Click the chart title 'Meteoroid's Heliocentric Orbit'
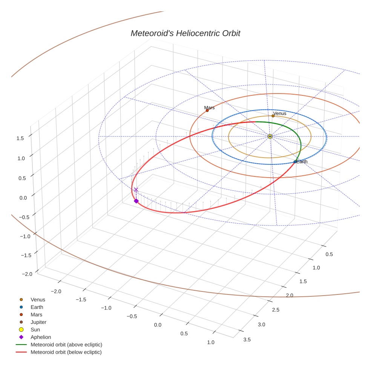coord(185,33)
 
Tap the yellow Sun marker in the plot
coord(270,136)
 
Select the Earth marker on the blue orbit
coord(295,162)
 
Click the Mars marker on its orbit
coord(207,110)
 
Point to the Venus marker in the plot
coord(273,116)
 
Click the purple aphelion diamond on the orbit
coord(136,201)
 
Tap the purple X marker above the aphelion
coord(136,190)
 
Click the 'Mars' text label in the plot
coord(209,108)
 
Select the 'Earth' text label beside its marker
coord(302,162)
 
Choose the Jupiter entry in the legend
coord(38,322)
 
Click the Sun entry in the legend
coord(35,330)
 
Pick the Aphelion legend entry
coord(41,337)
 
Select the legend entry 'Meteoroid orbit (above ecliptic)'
coord(66,345)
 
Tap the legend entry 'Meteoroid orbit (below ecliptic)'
coord(66,352)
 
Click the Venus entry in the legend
coord(38,300)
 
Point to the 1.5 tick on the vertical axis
coord(20,138)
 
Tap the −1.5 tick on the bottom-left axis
coord(80,299)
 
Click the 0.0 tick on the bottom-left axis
coord(158,325)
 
